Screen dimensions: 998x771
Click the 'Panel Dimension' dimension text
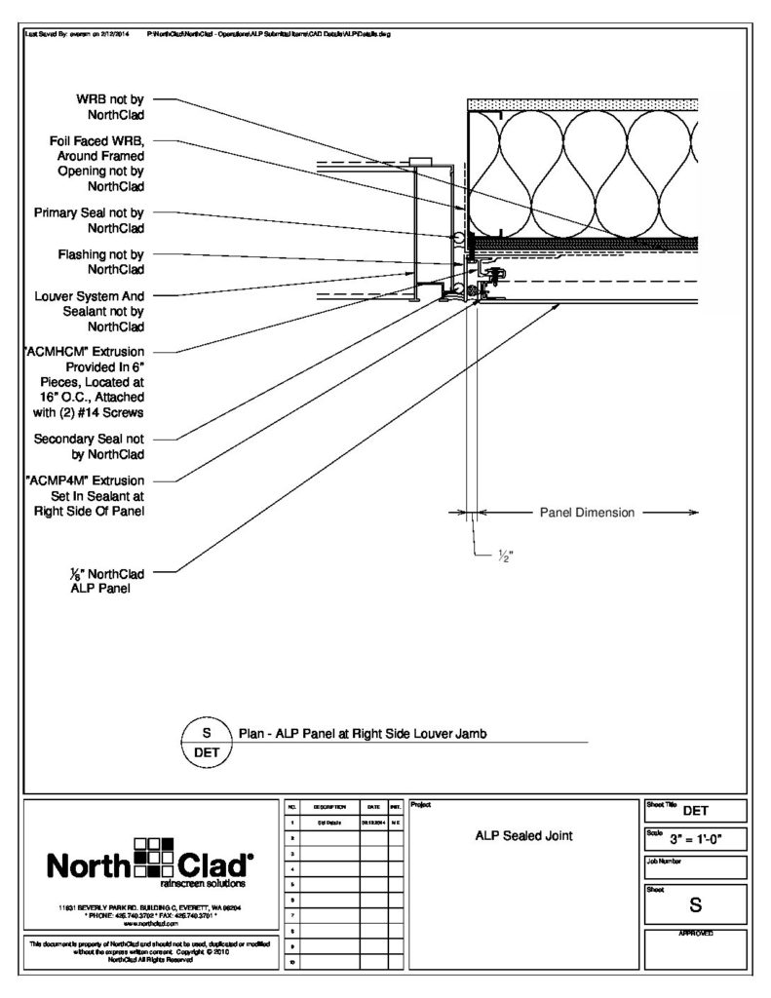[587, 512]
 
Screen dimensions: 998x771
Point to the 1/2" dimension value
[506, 556]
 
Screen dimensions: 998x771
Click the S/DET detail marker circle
[206, 742]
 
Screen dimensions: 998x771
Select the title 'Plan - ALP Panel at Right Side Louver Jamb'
[366, 734]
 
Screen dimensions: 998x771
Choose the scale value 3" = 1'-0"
[708, 838]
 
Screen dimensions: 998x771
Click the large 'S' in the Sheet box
[696, 904]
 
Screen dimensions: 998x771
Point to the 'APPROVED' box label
[695, 934]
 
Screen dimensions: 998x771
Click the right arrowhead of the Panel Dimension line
[693, 512]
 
